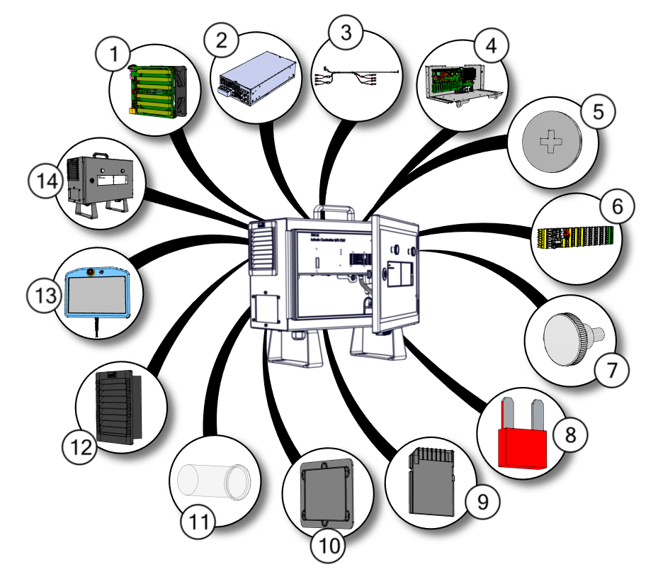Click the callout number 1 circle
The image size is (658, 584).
pos(112,53)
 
